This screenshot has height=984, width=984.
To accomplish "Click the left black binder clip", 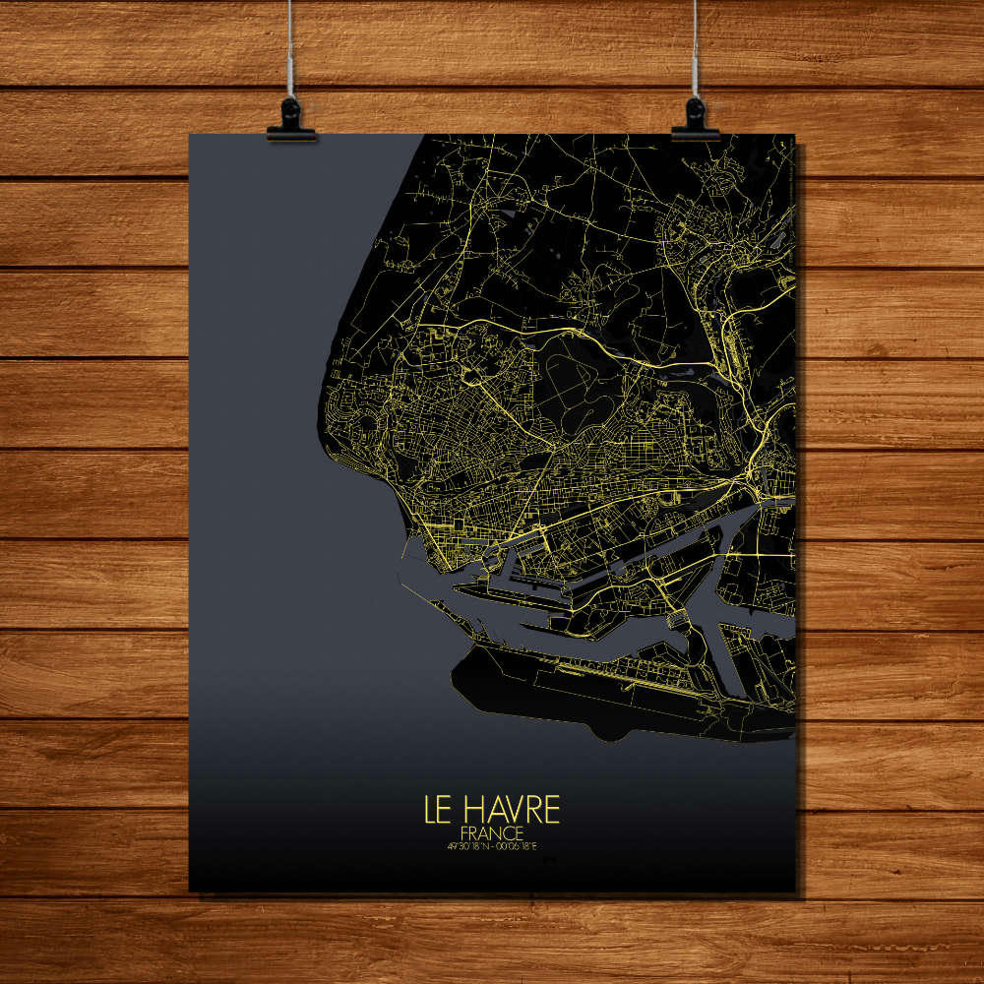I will pyautogui.click(x=291, y=120).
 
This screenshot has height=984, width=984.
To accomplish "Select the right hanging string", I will pyautogui.click(x=696, y=49).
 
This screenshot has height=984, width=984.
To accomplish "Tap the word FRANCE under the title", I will pyautogui.click(x=492, y=830).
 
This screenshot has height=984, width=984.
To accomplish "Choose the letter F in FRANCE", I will pyautogui.click(x=463, y=830).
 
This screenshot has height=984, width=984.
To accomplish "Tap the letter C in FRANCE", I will pyautogui.click(x=509, y=830).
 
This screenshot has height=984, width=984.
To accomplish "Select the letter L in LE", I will pyautogui.click(x=430, y=809).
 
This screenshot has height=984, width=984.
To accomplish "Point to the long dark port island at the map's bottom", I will pyautogui.click(x=590, y=689).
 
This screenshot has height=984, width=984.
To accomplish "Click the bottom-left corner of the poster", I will pyautogui.click(x=190, y=891).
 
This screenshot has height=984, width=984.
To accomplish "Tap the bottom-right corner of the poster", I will pyautogui.click(x=794, y=892).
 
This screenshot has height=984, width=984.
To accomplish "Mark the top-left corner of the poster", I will pyautogui.click(x=190, y=135).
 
